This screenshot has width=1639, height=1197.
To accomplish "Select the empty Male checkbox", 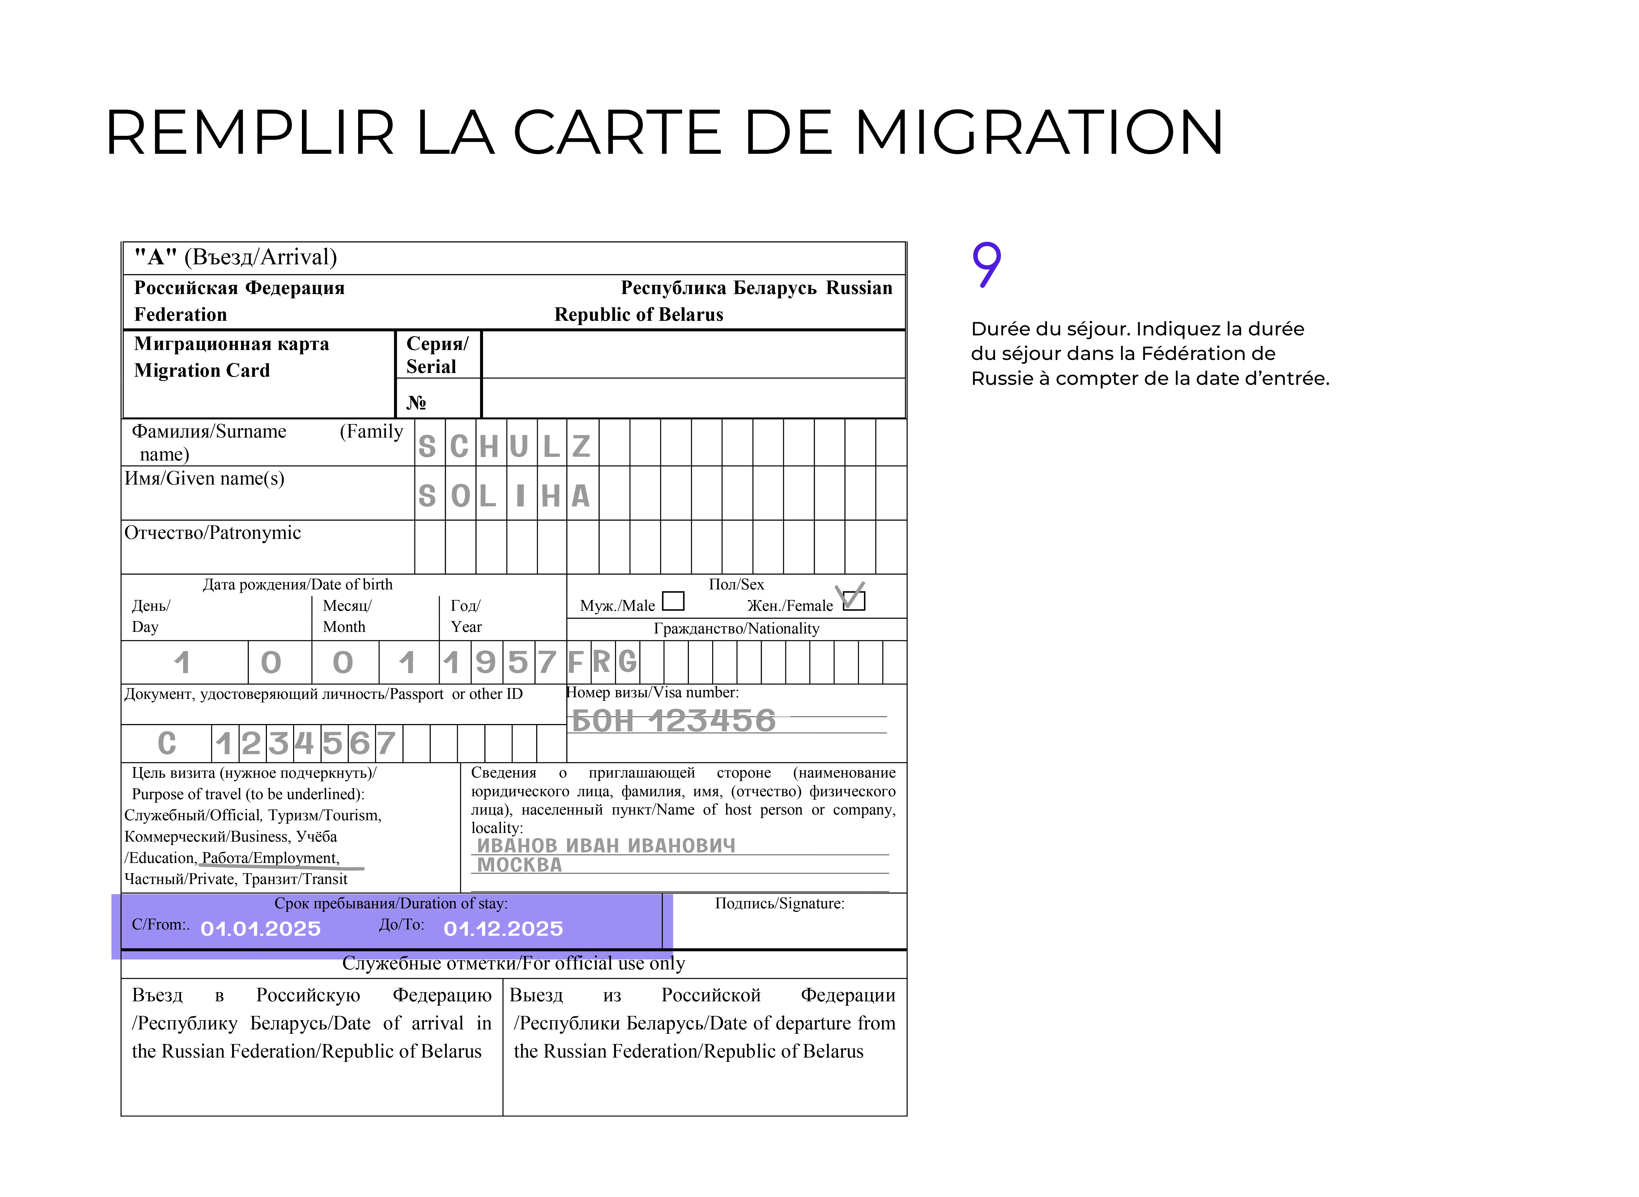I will pyautogui.click(x=673, y=601).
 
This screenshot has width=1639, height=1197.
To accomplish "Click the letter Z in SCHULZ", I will pyautogui.click(x=581, y=446).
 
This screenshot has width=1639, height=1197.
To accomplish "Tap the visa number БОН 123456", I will pyautogui.click(x=673, y=721).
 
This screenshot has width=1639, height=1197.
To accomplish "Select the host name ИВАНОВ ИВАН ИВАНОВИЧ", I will pyautogui.click(x=605, y=846).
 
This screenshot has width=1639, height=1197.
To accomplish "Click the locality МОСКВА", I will pyautogui.click(x=519, y=864).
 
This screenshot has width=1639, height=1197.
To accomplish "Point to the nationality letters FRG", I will pyautogui.click(x=601, y=662).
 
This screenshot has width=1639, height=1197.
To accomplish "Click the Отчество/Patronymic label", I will pyautogui.click(x=212, y=533).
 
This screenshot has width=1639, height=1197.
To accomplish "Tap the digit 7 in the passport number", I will pyautogui.click(x=386, y=743).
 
